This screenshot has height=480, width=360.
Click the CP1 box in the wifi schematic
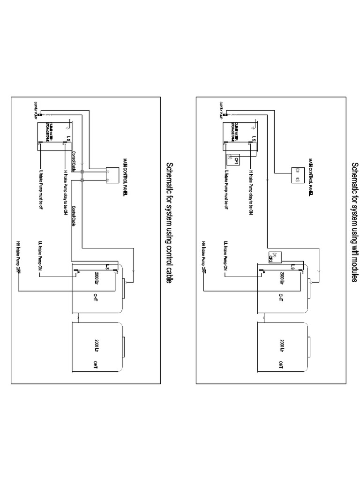click(x=233, y=160)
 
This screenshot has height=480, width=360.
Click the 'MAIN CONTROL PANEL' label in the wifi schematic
click(x=311, y=177)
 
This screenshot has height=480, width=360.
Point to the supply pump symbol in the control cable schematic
click(x=40, y=115)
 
